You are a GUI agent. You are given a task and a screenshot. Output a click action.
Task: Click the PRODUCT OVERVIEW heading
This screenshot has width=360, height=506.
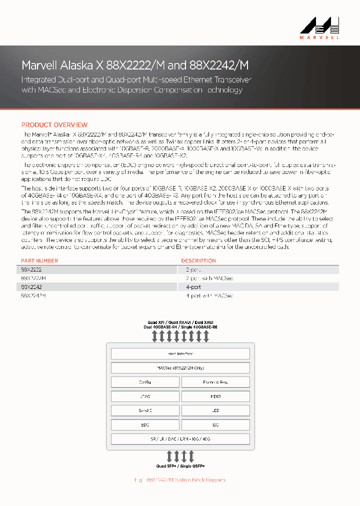click(54, 125)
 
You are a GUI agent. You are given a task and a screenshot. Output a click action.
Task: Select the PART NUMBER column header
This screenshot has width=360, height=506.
click(39, 260)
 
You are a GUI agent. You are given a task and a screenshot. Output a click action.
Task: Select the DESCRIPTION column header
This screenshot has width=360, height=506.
click(198, 260)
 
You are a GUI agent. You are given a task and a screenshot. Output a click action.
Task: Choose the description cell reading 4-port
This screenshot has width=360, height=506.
click(193, 287)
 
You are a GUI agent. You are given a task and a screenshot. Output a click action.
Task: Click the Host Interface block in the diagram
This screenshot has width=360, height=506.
click(180, 353)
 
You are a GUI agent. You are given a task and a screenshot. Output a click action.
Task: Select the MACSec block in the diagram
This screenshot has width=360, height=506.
click(180, 368)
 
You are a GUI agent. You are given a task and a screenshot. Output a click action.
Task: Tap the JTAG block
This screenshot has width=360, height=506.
click(145, 396)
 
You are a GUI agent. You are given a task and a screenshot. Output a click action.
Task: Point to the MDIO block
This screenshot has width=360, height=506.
click(215, 396)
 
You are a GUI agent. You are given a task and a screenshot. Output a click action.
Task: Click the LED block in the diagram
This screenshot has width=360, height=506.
click(215, 410)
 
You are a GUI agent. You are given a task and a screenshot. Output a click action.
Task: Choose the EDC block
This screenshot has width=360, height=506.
click(145, 425)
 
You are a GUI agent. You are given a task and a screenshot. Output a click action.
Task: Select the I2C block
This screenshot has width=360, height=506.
click(215, 425)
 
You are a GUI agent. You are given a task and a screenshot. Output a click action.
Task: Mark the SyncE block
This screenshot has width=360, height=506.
click(145, 410)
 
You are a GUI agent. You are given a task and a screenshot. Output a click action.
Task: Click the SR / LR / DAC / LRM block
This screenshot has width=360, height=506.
click(180, 439)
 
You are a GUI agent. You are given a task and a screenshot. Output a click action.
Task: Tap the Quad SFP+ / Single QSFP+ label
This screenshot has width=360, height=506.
click(180, 466)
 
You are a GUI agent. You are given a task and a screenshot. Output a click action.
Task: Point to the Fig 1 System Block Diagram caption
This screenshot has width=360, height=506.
click(180, 480)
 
